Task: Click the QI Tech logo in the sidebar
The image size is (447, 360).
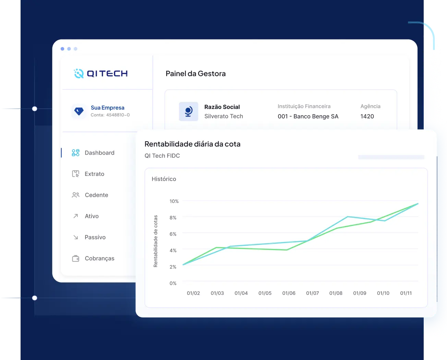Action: pyautogui.click(x=101, y=73)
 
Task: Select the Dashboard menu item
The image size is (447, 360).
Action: pyautogui.click(x=99, y=153)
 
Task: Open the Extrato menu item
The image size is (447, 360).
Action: pyautogui.click(x=94, y=174)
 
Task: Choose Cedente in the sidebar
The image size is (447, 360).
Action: pyautogui.click(x=96, y=195)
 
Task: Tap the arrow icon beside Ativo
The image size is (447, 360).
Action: pyautogui.click(x=76, y=216)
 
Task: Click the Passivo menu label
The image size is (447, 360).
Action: pyautogui.click(x=95, y=237)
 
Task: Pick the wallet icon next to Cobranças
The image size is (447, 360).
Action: pyautogui.click(x=76, y=259)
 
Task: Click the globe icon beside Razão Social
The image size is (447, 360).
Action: pyautogui.click(x=189, y=111)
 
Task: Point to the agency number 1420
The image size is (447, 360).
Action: pyautogui.click(x=367, y=117)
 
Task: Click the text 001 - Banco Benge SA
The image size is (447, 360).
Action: pyautogui.click(x=308, y=117)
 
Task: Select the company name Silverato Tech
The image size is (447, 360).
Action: pyautogui.click(x=223, y=117)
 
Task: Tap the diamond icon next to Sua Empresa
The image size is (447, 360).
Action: pyautogui.click(x=79, y=111)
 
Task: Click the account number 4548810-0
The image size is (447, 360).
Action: pyautogui.click(x=118, y=115)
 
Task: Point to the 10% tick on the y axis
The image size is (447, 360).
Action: pyautogui.click(x=174, y=201)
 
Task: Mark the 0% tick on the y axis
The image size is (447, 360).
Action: pyautogui.click(x=173, y=283)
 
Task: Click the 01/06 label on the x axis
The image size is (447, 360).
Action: pyautogui.click(x=289, y=293)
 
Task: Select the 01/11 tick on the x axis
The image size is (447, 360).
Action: pyautogui.click(x=406, y=293)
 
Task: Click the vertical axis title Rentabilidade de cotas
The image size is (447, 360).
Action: pyautogui.click(x=156, y=241)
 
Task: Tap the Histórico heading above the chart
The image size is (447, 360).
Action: pyautogui.click(x=164, y=179)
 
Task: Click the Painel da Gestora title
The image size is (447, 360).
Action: pyautogui.click(x=195, y=74)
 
